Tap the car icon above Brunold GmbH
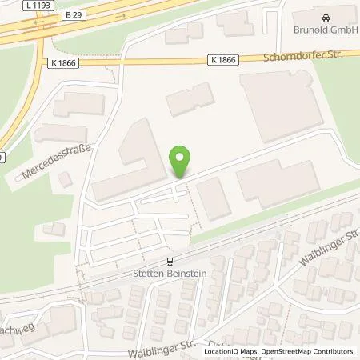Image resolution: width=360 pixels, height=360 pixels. point(325,17)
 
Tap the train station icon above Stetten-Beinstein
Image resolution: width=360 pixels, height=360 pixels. point(169,260)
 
